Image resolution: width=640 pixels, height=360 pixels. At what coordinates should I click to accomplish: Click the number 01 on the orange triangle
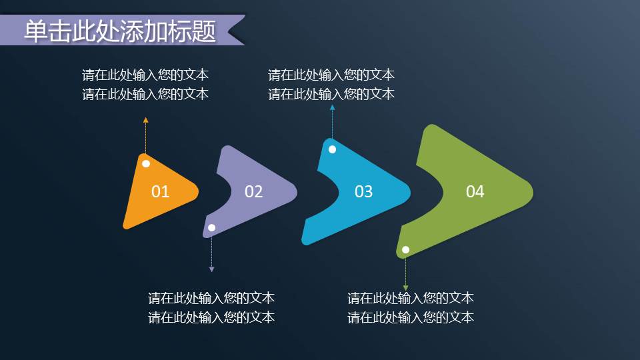point(161,192)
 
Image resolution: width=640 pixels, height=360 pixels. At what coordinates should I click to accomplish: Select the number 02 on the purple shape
point(254,192)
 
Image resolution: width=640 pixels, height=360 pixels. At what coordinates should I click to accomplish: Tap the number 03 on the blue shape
point(363,192)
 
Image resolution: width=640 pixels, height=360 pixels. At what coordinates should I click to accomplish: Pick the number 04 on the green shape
point(475,192)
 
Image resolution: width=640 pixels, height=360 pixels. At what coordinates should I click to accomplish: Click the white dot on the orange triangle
point(146,163)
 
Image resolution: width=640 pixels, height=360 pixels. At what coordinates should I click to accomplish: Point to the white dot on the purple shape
point(212,228)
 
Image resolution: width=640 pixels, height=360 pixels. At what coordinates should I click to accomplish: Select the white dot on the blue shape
point(332,149)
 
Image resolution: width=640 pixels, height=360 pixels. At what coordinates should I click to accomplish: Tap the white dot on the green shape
point(405,250)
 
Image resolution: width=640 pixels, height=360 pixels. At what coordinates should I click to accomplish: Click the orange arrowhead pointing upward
point(145,120)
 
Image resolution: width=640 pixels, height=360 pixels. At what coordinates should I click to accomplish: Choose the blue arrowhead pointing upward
point(332,107)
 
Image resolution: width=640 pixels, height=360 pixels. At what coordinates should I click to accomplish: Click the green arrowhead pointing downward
point(405,287)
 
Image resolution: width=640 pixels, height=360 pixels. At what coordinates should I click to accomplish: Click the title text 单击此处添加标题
point(120,32)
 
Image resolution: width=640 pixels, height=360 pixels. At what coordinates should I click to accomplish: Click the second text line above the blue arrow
point(331,94)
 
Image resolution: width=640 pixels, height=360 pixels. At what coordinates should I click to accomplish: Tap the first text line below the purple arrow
point(211,298)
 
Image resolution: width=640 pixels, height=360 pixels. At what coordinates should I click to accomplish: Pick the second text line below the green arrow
point(411,317)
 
